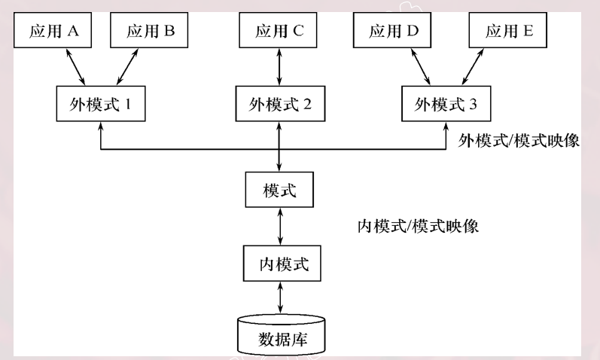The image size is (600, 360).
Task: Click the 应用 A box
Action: coord(53,31)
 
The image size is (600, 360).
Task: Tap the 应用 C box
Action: coord(280,31)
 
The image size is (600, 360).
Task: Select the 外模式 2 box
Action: coord(280,104)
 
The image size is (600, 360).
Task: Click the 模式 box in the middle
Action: coord(280,191)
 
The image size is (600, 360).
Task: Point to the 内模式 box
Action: coord(280,264)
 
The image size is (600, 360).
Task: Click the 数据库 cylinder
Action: coord(280,334)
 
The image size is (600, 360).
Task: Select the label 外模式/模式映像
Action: coord(519,141)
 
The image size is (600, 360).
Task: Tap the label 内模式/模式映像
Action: coord(419,226)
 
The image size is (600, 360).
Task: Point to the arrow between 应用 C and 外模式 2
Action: coord(280,68)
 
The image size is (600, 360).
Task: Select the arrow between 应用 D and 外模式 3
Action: coord(419,68)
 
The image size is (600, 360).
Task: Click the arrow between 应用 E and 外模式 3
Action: coord(475,68)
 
